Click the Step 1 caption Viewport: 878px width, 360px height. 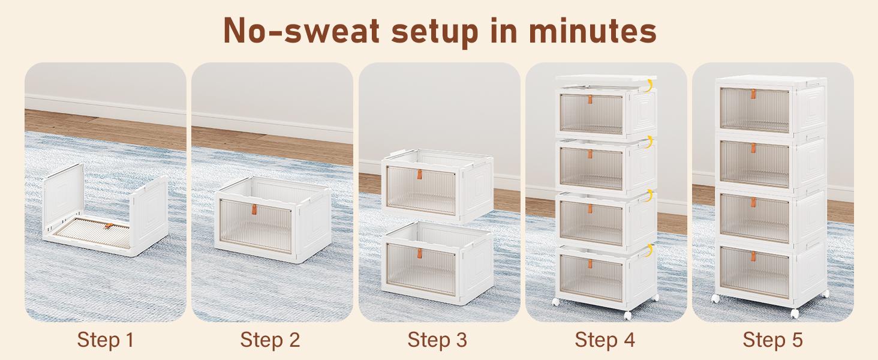tap(105, 340)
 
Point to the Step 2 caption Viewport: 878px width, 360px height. tap(270, 340)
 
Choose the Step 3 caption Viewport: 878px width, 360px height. tap(437, 340)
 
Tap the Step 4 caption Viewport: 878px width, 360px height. tap(605, 340)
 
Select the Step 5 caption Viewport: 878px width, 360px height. tap(772, 340)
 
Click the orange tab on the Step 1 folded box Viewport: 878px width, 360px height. tap(109, 226)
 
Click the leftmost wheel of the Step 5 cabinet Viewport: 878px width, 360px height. tap(715, 298)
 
